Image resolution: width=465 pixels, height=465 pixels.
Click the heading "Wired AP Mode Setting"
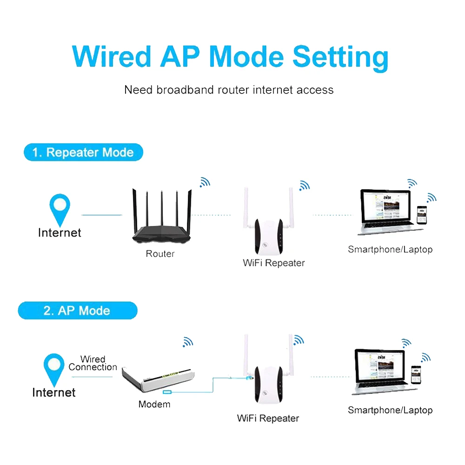coord(231,57)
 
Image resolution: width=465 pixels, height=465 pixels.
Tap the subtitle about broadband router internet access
coord(229,90)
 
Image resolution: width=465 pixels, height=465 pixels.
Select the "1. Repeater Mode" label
coord(83,152)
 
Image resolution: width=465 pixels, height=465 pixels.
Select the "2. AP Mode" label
coord(77,311)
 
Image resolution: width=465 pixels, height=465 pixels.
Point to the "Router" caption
coord(160,254)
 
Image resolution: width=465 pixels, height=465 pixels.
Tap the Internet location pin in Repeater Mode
coord(60,208)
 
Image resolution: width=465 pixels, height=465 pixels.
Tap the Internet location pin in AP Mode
coord(54,368)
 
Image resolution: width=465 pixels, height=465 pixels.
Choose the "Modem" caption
coord(154,404)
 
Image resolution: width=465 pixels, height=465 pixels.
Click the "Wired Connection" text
coord(93,363)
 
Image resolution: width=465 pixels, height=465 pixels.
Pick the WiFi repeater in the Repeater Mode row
coord(267,235)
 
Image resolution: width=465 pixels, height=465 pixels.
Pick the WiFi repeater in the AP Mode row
coord(267,384)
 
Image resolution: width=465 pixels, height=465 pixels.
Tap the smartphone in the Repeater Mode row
coord(421,215)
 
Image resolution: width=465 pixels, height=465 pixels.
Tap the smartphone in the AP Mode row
coord(416,375)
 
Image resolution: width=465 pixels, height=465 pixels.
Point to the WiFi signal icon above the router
coord(204,182)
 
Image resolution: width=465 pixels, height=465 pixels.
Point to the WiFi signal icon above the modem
coord(188,343)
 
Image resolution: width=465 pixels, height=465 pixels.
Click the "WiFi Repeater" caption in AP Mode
coord(268,418)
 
